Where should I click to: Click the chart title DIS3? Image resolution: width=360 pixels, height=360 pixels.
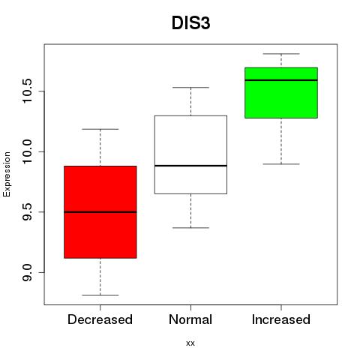pyautogui.click(x=190, y=23)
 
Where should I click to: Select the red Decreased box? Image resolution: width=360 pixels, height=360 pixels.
pyautogui.click(x=100, y=212)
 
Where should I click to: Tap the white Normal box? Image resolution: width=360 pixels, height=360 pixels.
pyautogui.click(x=190, y=154)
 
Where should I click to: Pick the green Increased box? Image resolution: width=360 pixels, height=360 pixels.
pyautogui.click(x=281, y=93)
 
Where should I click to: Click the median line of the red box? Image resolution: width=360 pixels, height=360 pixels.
pyautogui.click(x=100, y=212)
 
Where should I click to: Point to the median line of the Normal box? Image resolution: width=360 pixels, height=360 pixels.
pyautogui.click(x=190, y=166)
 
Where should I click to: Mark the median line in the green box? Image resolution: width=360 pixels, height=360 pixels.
pyautogui.click(x=281, y=80)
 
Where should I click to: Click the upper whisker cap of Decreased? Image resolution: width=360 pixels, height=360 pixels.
pyautogui.click(x=100, y=129)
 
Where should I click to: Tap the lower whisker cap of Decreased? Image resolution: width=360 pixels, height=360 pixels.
pyautogui.click(x=100, y=295)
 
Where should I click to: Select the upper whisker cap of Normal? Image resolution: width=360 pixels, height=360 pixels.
pyautogui.click(x=190, y=88)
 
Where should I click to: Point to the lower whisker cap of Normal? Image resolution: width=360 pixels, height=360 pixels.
pyautogui.click(x=190, y=228)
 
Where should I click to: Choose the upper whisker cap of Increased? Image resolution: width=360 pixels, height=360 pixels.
pyautogui.click(x=281, y=54)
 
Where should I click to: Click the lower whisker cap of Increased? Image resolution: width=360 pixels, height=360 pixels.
pyautogui.click(x=281, y=164)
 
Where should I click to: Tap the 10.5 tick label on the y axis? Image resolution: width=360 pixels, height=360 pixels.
pyautogui.click(x=27, y=91)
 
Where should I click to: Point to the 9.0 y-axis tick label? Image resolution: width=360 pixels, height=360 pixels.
pyautogui.click(x=27, y=272)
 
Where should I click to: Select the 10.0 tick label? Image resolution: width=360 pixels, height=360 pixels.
pyautogui.click(x=27, y=151)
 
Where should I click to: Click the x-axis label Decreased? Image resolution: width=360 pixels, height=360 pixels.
pyautogui.click(x=100, y=319)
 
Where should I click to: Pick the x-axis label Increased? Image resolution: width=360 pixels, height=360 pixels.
pyautogui.click(x=281, y=319)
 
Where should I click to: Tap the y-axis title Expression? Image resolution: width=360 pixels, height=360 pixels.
pyautogui.click(x=7, y=174)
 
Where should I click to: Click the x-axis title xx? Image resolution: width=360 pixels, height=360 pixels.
pyautogui.click(x=190, y=343)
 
